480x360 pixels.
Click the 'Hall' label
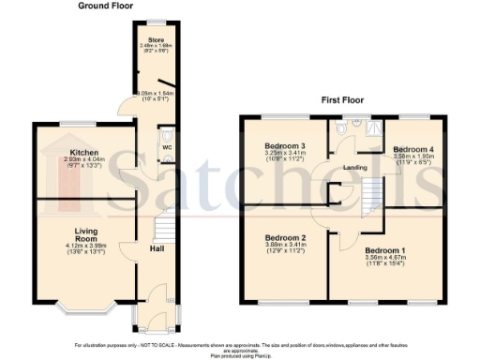tap(158, 247)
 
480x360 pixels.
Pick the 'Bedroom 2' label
tap(286, 238)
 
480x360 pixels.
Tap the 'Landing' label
tap(355, 168)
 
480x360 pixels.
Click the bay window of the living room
tap(84, 306)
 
